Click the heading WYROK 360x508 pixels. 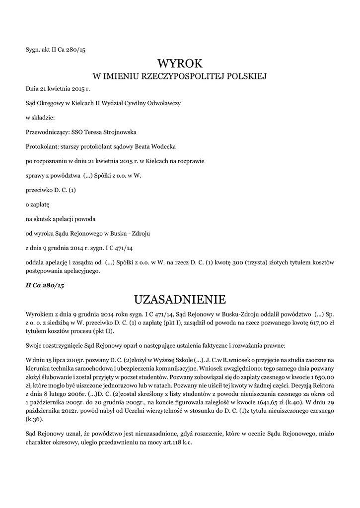point(180,63)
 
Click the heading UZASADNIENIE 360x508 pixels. point(180,300)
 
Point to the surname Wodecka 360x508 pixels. point(162,147)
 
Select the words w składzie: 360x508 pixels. point(40,118)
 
